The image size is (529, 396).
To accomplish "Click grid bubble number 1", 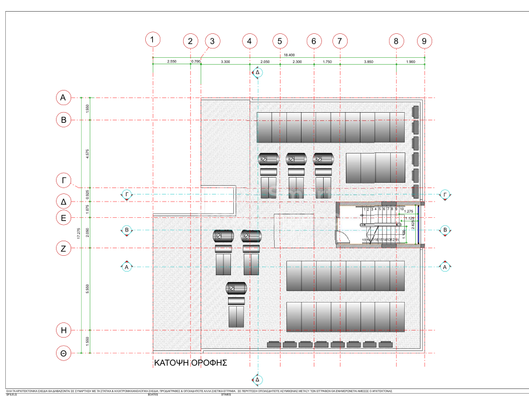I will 152,40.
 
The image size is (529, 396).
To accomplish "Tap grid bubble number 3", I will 212,41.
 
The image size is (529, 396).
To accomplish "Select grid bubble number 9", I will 424,41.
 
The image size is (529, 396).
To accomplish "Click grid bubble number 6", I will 314,41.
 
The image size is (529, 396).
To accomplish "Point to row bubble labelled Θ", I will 64,353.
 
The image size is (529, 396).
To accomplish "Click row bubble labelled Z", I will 64,248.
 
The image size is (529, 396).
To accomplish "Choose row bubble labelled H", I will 64,330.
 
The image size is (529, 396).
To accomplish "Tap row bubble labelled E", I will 64,218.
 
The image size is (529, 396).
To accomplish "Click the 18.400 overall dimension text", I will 289,55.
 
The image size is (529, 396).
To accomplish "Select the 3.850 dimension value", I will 368,61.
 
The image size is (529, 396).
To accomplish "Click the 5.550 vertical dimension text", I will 87,289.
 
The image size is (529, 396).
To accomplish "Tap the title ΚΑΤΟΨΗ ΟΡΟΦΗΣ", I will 190,363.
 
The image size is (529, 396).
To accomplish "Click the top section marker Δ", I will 257,72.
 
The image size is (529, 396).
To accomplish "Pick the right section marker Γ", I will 445,194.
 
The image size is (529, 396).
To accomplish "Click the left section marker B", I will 127,231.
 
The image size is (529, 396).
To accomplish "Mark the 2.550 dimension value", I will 171,61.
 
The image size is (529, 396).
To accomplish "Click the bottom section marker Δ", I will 257,379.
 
